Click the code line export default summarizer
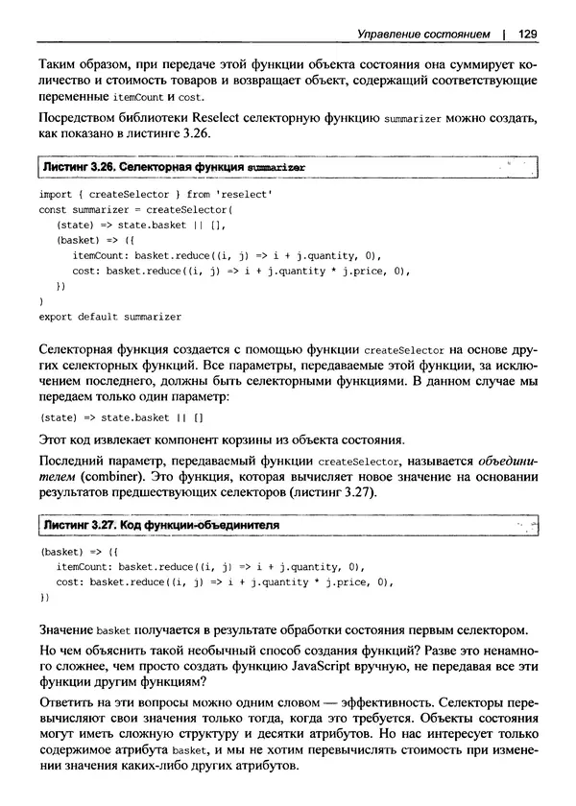coord(109,315)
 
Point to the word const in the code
coord(53,209)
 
